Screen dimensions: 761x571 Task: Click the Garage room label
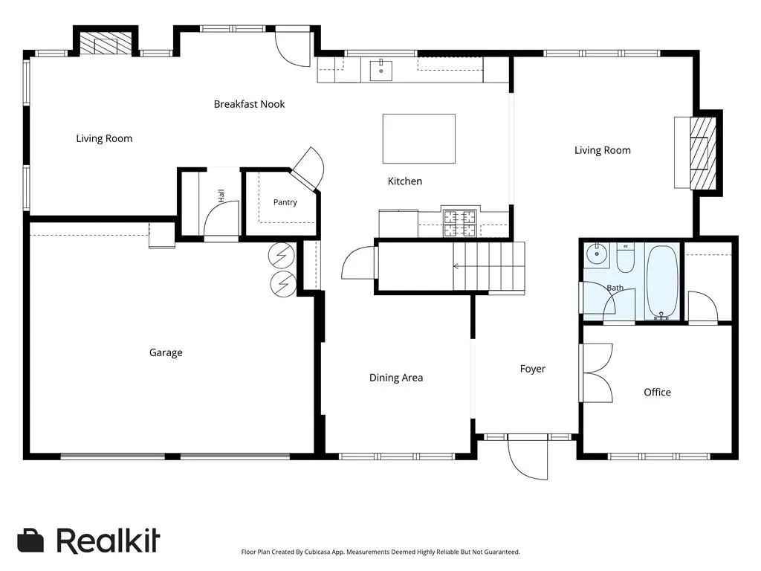pos(166,352)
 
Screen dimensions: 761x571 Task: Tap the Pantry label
pos(285,202)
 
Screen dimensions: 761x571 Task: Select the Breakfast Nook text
pos(249,104)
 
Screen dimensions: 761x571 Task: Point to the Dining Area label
pos(396,378)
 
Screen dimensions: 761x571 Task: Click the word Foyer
pos(532,369)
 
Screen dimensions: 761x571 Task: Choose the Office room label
pos(657,393)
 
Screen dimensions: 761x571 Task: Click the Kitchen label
pos(405,181)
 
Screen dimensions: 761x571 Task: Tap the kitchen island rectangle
pos(419,139)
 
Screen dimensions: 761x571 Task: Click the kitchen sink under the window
pos(381,71)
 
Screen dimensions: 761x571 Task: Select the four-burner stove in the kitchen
pos(459,223)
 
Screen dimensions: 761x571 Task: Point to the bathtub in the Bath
pos(662,282)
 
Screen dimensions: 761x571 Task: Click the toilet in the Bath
pos(625,258)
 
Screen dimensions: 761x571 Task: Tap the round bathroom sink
pos(597,254)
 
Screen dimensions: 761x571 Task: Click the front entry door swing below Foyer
pos(528,457)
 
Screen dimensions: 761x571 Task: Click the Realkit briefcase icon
pos(30,541)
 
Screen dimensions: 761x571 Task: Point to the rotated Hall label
pos(221,196)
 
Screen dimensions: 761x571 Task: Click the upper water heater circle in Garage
pos(282,255)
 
